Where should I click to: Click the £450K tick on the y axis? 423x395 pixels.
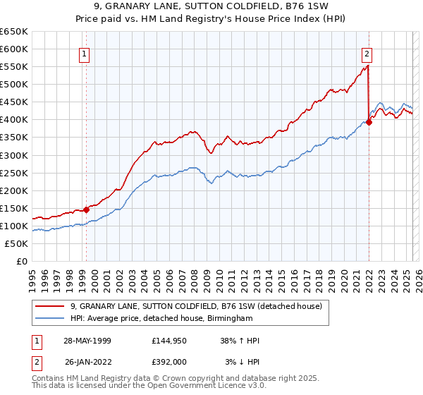(14, 102)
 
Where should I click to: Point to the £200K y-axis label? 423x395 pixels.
(14, 190)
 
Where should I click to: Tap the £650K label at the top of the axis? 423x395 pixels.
(14, 32)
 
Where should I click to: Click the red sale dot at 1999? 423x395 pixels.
(86, 209)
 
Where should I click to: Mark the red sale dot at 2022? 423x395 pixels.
(369, 122)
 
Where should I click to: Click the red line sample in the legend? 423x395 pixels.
(49, 306)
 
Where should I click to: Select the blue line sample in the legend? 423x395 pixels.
(49, 319)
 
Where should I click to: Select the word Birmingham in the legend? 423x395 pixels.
(229, 319)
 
